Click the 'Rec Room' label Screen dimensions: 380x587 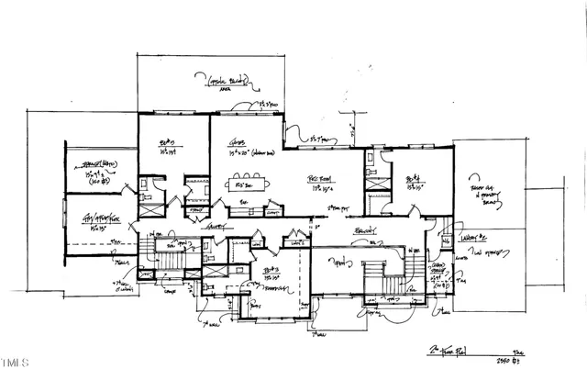[x=318, y=177]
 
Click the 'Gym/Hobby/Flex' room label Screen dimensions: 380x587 [x=103, y=218]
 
